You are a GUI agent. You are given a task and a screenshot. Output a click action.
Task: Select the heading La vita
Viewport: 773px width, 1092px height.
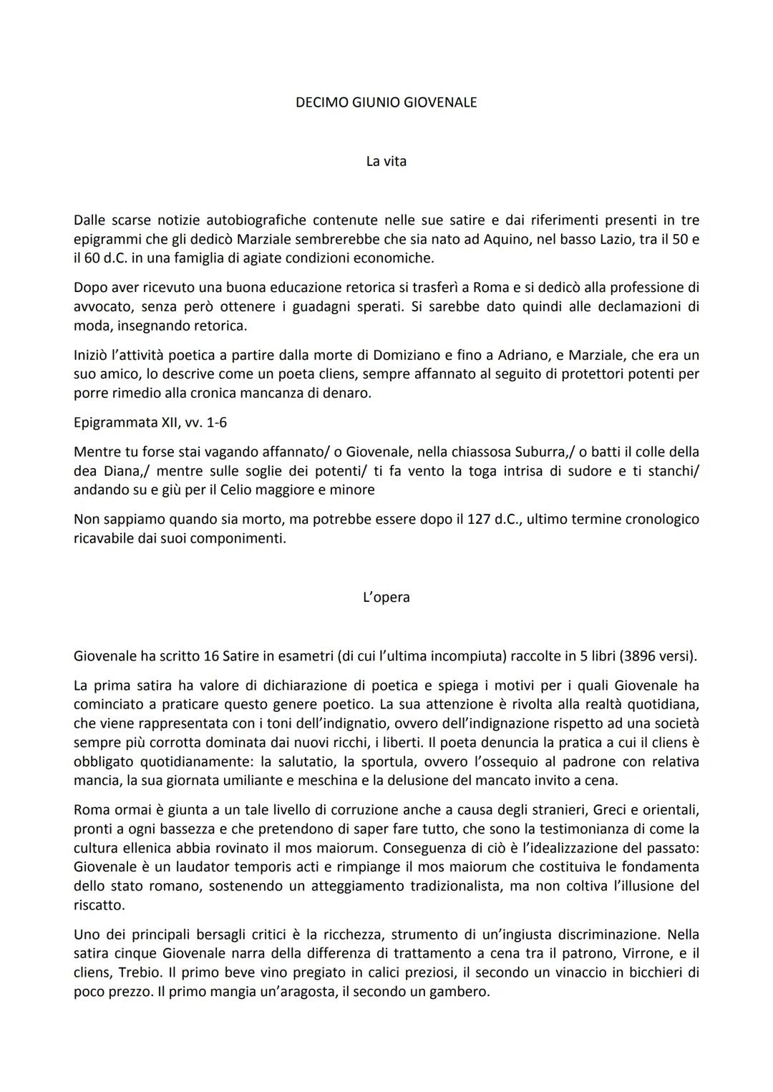point(386,161)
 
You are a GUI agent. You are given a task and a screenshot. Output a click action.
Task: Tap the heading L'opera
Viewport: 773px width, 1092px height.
point(386,597)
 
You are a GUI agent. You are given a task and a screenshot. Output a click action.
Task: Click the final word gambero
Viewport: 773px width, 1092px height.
point(462,993)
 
